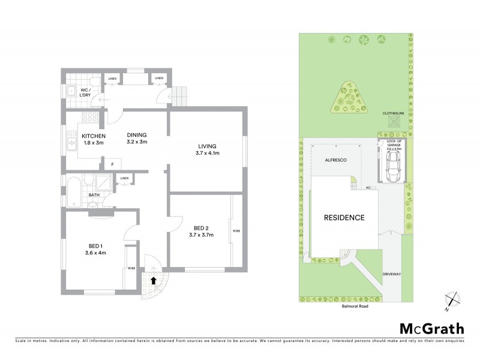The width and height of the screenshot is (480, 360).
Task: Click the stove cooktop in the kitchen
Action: click(x=90, y=118)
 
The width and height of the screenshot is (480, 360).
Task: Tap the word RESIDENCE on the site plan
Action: click(x=344, y=217)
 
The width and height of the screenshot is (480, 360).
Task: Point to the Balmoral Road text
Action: click(x=350, y=306)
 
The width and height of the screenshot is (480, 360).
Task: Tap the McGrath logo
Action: click(x=431, y=328)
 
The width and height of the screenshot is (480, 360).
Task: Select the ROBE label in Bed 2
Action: click(x=237, y=231)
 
